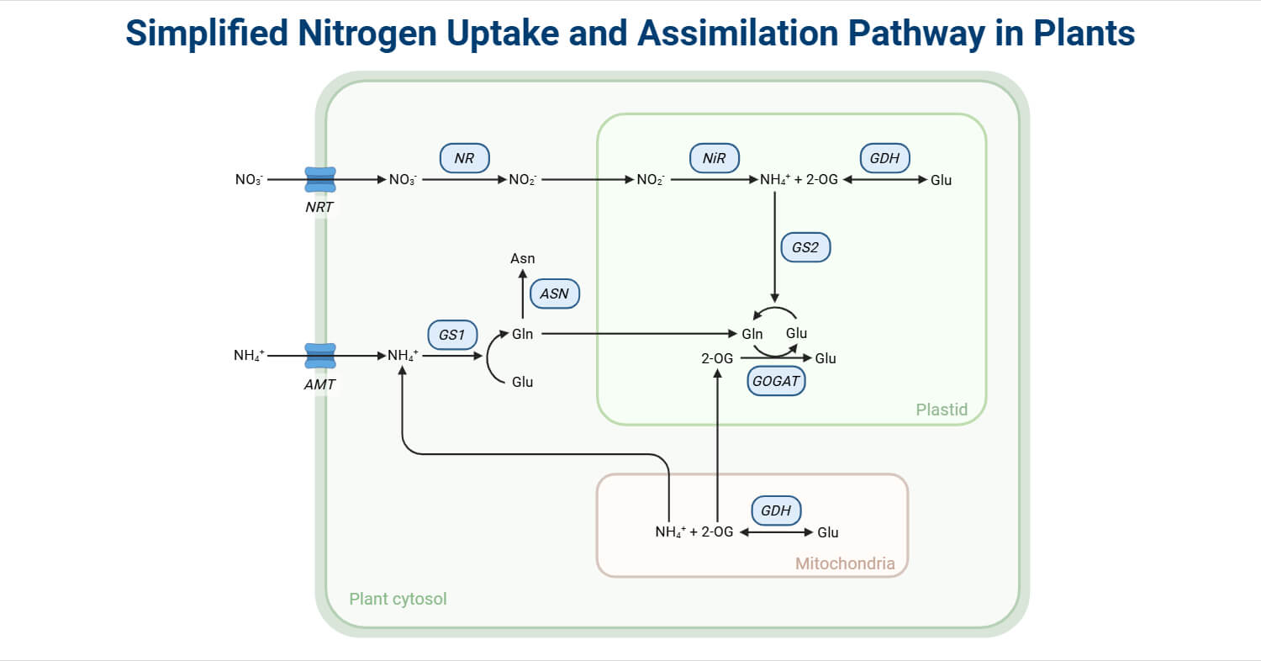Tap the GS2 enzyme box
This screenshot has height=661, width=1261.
(x=805, y=247)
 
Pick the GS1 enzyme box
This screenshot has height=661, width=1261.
(x=452, y=334)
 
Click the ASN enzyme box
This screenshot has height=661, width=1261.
(x=555, y=293)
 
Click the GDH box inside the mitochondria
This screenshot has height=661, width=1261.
(x=776, y=510)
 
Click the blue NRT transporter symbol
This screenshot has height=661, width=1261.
(x=319, y=179)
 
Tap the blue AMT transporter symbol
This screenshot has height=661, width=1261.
(x=319, y=356)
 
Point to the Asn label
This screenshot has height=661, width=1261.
(x=522, y=259)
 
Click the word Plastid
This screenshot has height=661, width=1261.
(x=942, y=410)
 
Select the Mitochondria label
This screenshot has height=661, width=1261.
(x=845, y=563)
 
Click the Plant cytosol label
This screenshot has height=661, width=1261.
(x=398, y=599)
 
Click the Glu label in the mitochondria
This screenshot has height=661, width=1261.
(x=827, y=532)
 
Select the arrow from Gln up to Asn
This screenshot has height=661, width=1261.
(x=522, y=294)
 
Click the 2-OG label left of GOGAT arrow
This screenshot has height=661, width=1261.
(x=717, y=358)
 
